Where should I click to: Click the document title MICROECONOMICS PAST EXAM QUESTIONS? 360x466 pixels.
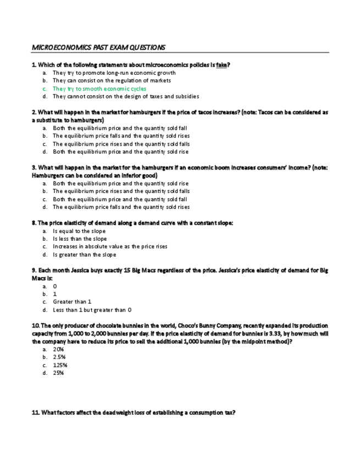click(x=98, y=47)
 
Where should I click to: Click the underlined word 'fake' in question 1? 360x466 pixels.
click(x=221, y=65)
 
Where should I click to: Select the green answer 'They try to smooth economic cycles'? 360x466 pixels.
click(x=99, y=88)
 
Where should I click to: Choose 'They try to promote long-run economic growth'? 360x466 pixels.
click(x=114, y=73)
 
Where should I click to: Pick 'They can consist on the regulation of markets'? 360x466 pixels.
click(x=112, y=80)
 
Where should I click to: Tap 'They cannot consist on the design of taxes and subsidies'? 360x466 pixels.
click(x=125, y=96)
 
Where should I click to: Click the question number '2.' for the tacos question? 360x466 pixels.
click(x=34, y=112)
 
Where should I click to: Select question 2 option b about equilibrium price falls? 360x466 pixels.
click(x=121, y=136)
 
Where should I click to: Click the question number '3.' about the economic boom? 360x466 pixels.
click(x=34, y=168)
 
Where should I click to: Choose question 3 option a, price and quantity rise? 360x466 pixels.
click(x=120, y=184)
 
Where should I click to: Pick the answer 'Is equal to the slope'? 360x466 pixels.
click(x=79, y=231)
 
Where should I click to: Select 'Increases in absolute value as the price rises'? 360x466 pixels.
click(x=110, y=247)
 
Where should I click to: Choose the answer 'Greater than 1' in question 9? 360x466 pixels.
click(x=72, y=302)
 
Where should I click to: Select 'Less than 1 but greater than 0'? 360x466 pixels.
click(x=92, y=309)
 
